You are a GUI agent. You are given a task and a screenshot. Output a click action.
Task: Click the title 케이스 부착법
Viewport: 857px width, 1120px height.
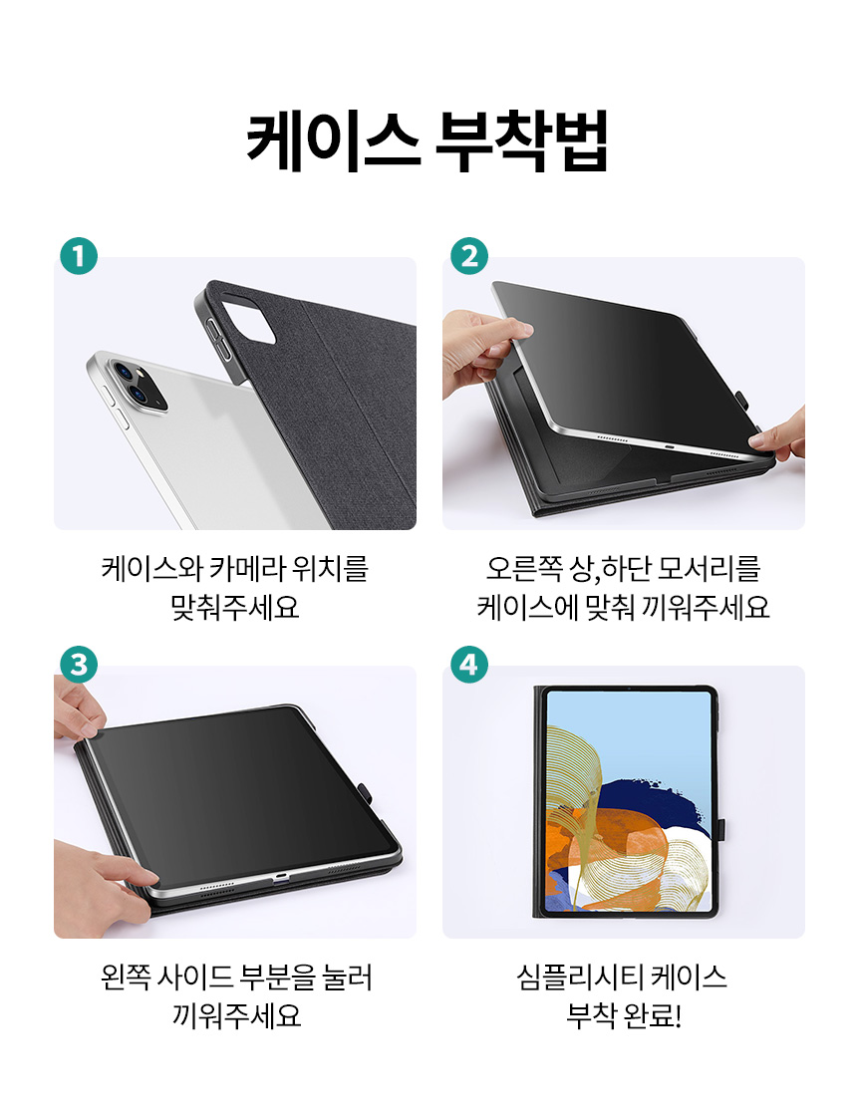(428, 140)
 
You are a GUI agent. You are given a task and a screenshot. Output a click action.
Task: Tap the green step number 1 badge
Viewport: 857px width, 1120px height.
(79, 256)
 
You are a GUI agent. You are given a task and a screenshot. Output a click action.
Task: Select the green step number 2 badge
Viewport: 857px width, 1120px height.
(469, 256)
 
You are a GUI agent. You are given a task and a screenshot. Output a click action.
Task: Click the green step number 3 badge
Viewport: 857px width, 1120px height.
(79, 665)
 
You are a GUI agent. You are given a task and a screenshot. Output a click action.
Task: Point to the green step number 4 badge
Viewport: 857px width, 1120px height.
(469, 665)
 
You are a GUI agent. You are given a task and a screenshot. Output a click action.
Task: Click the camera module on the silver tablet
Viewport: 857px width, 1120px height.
(138, 386)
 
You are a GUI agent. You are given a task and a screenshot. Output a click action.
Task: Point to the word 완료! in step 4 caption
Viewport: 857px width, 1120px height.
(653, 1015)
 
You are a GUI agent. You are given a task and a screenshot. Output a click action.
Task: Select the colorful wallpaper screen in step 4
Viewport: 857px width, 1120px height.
(629, 801)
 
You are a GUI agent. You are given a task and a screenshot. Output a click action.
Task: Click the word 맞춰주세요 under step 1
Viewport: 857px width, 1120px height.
(235, 607)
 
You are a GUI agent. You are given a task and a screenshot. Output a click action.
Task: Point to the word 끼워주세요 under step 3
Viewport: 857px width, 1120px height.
(236, 1015)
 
